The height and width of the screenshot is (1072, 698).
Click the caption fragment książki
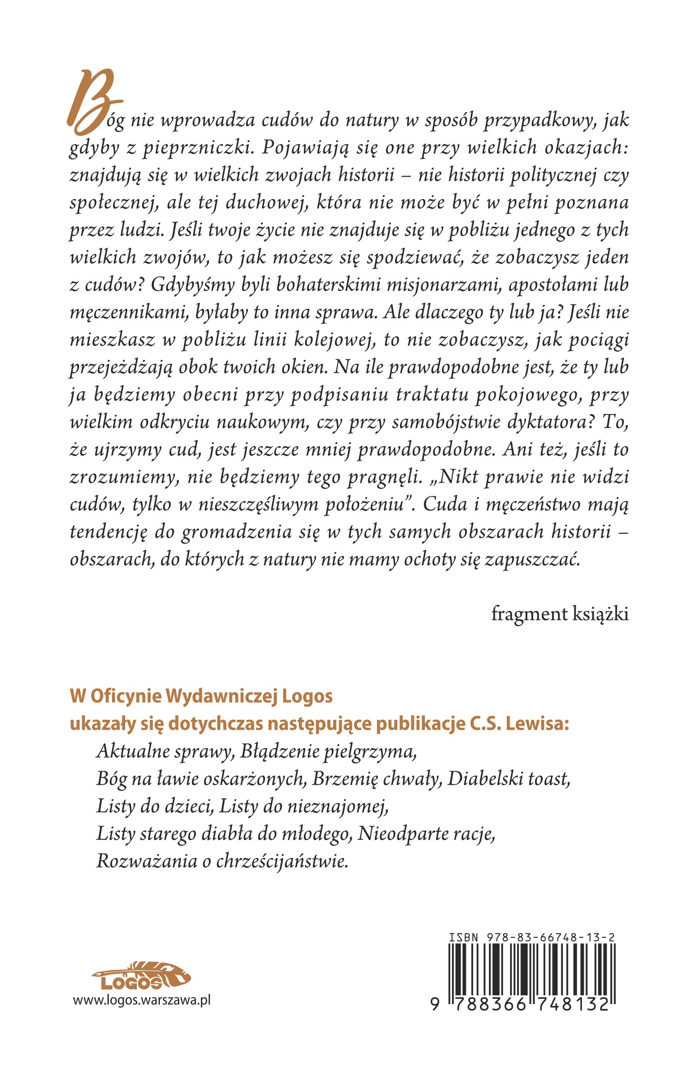pyautogui.click(x=559, y=614)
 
